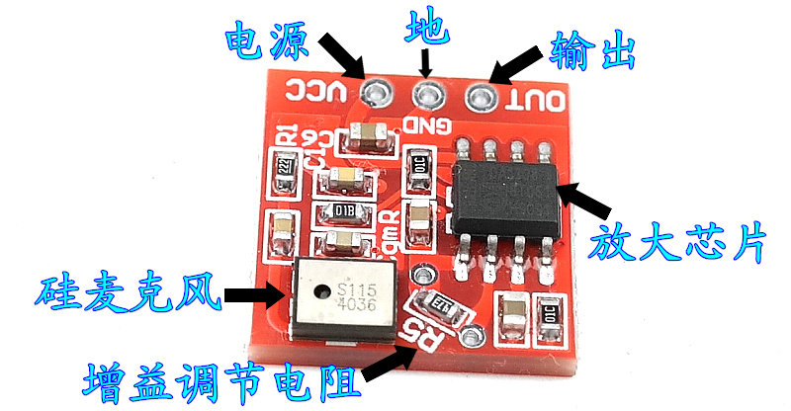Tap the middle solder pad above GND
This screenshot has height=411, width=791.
click(x=427, y=95)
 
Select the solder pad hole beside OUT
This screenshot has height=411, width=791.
click(x=481, y=97)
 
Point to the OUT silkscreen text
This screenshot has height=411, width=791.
click(x=535, y=100)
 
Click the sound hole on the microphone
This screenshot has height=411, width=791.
click(x=319, y=291)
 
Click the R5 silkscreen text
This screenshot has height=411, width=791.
click(x=432, y=339)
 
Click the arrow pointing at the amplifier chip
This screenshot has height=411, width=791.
click(x=585, y=199)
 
